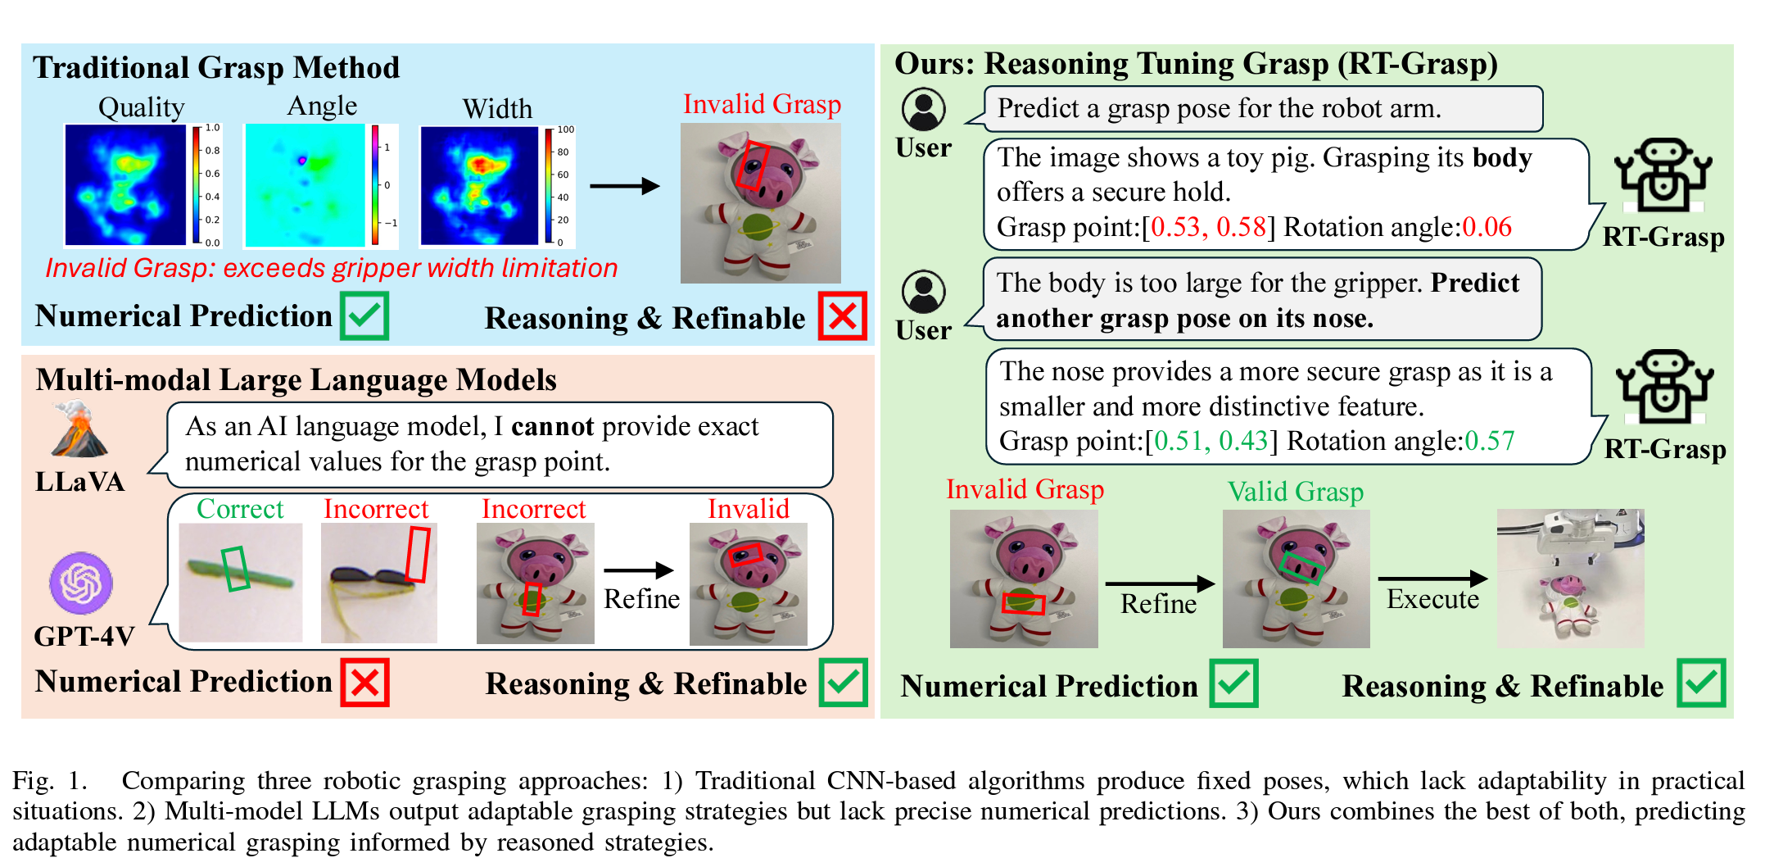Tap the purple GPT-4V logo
click(80, 583)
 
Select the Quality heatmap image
click(125, 184)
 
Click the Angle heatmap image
click(305, 185)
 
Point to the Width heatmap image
click(479, 185)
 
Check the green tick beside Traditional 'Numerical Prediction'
click(364, 316)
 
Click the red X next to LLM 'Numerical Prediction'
click(364, 683)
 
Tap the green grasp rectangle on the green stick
click(236, 568)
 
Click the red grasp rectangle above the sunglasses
click(418, 554)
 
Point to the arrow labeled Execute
click(1432, 579)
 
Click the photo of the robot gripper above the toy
click(1570, 578)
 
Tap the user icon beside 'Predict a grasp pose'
click(923, 109)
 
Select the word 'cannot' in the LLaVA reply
click(552, 426)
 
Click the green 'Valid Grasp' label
click(1295, 492)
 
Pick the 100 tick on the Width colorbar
click(565, 129)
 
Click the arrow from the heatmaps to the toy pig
click(624, 186)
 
